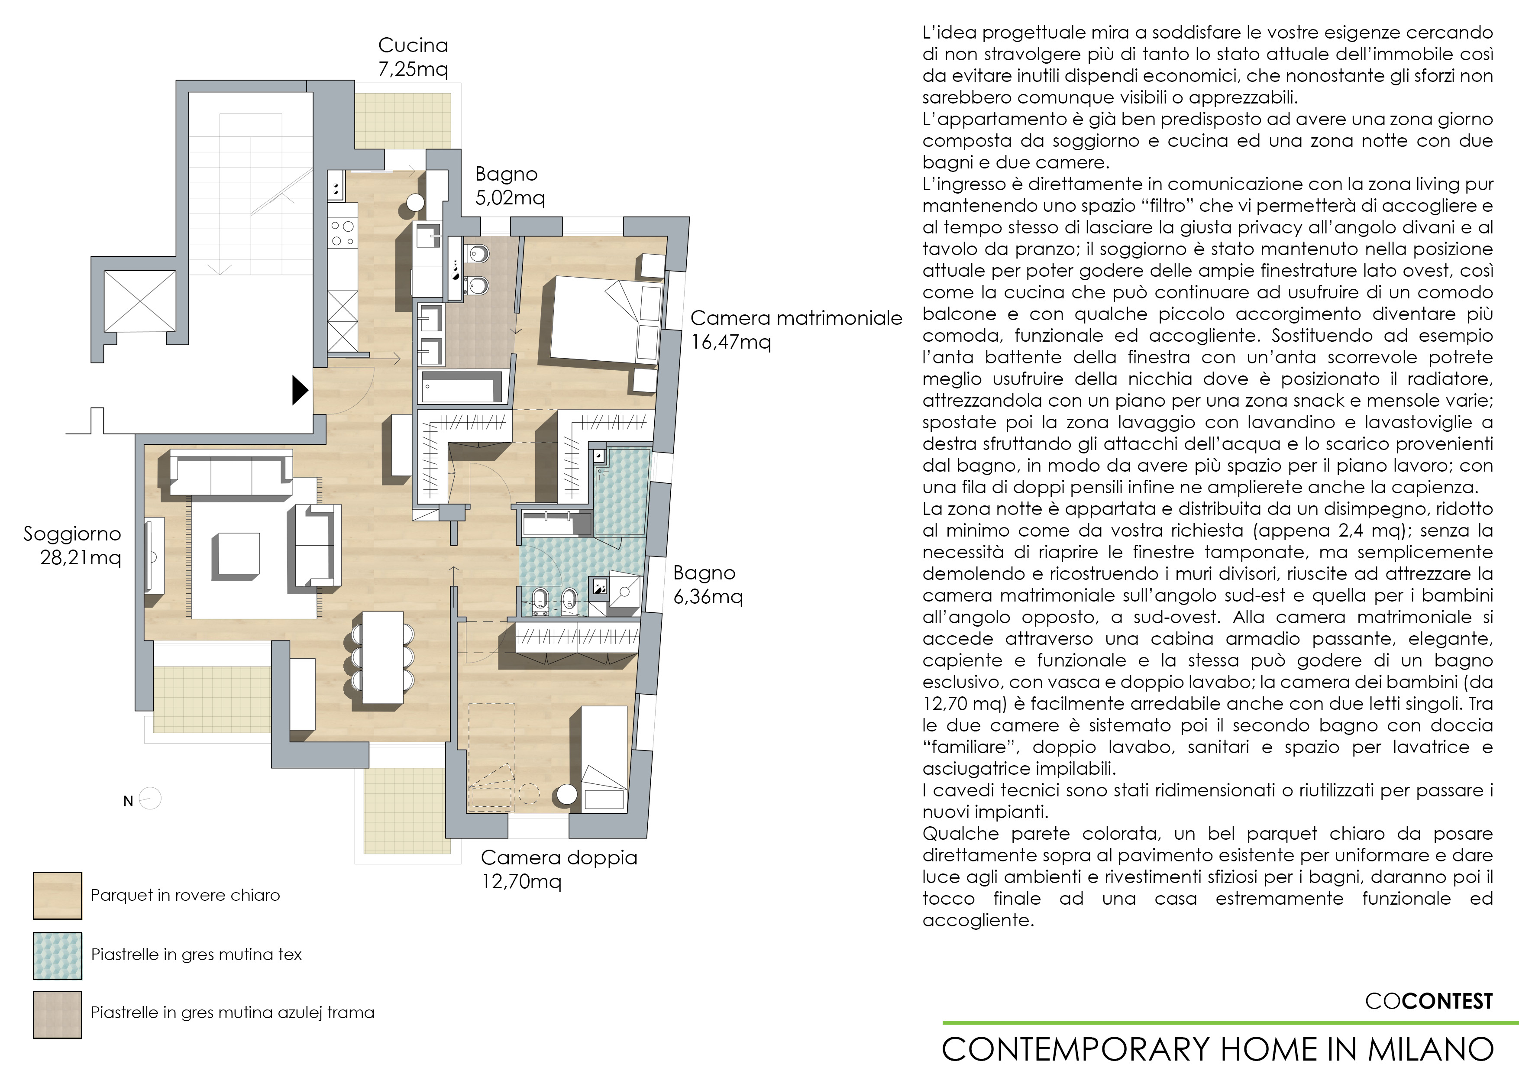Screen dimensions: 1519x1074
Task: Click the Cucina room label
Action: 413,45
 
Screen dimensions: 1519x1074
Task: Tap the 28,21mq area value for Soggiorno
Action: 81,558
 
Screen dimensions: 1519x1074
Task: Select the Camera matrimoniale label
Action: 796,318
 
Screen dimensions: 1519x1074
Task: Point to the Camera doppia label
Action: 559,857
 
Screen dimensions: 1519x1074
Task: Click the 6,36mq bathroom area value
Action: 708,597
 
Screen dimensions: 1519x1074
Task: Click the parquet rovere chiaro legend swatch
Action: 58,895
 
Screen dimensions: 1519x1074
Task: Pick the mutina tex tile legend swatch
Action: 58,955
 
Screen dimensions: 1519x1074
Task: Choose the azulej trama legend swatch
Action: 58,1014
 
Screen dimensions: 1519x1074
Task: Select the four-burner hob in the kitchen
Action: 343,234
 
